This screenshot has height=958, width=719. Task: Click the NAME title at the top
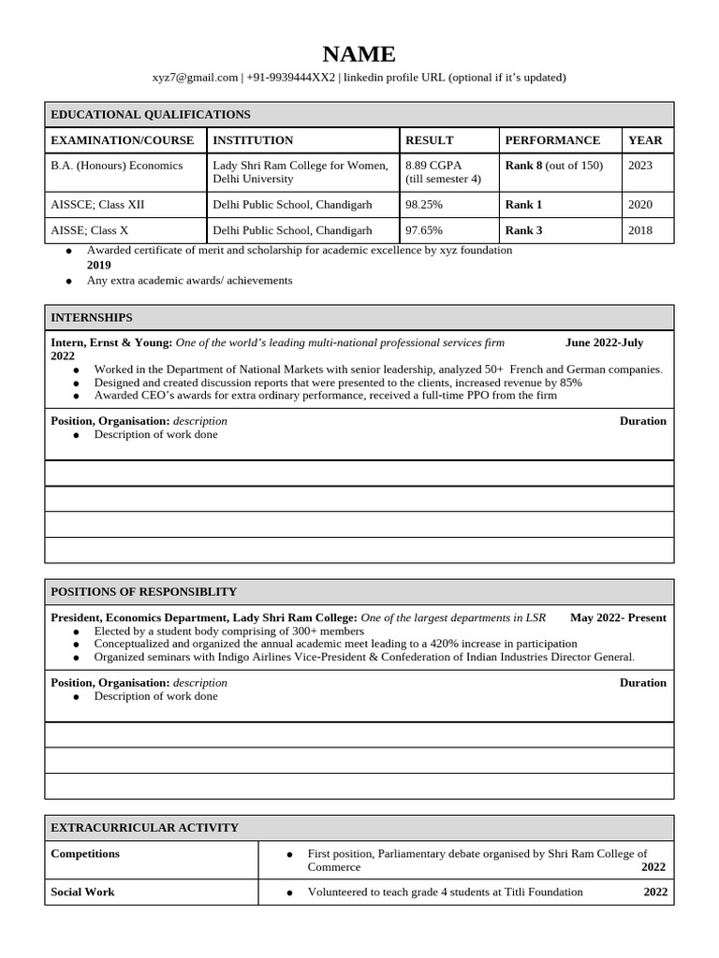pyautogui.click(x=359, y=54)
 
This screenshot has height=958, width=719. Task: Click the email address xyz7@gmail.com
pyautogui.click(x=195, y=78)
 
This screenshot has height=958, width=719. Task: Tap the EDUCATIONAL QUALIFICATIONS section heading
pyautogui.click(x=151, y=114)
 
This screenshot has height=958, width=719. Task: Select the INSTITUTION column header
pyautogui.click(x=253, y=140)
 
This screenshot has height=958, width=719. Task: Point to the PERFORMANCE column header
pyautogui.click(x=552, y=140)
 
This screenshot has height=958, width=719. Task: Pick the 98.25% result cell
pyautogui.click(x=424, y=205)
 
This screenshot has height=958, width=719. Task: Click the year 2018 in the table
pyautogui.click(x=640, y=230)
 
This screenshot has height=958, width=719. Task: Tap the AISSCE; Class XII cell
pyautogui.click(x=97, y=205)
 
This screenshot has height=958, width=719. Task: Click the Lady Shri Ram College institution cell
pyautogui.click(x=300, y=172)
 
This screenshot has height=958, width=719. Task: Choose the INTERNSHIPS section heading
pyautogui.click(x=92, y=318)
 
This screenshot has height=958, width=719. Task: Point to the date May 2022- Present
pyautogui.click(x=618, y=618)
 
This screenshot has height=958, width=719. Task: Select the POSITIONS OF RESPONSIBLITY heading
pyautogui.click(x=143, y=592)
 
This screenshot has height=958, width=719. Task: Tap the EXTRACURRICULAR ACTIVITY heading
pyautogui.click(x=144, y=828)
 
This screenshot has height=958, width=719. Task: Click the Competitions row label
pyautogui.click(x=85, y=854)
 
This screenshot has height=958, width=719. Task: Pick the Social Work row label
pyautogui.click(x=82, y=893)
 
